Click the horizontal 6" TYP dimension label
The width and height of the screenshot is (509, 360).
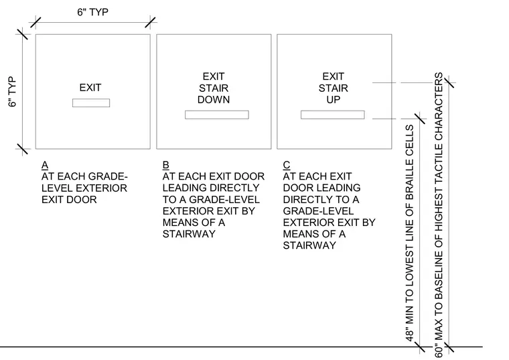(x=92, y=12)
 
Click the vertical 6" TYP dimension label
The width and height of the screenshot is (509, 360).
(x=12, y=92)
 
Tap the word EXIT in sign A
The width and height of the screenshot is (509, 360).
(x=90, y=87)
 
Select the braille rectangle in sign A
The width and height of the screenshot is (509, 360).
(x=91, y=103)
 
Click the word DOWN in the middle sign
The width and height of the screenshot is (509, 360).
(x=214, y=99)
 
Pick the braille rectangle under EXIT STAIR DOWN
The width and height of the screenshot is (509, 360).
(x=217, y=115)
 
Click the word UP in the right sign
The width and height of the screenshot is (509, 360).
(x=334, y=99)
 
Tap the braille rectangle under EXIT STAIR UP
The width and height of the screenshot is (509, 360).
(x=333, y=115)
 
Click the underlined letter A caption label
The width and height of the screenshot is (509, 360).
(x=45, y=165)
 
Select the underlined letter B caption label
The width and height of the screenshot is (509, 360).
(x=165, y=165)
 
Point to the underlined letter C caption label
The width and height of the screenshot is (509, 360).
(x=287, y=165)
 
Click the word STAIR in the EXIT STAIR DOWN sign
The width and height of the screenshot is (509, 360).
(x=214, y=88)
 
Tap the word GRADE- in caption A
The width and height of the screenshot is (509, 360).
(x=108, y=176)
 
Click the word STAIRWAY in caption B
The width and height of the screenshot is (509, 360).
(x=189, y=234)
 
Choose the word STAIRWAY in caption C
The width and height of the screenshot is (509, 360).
(x=309, y=245)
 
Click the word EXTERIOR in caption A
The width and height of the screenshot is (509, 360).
(x=106, y=188)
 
